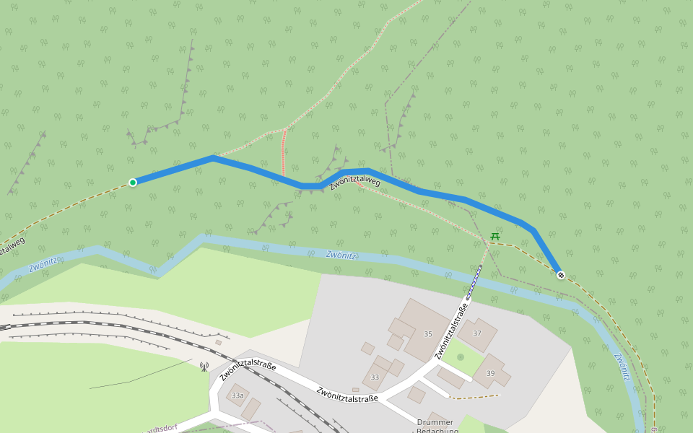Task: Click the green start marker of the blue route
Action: click(133, 183)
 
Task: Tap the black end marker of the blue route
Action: click(561, 275)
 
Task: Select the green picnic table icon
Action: click(495, 236)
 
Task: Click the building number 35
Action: click(428, 333)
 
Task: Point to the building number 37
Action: click(477, 333)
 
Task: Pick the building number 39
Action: click(491, 372)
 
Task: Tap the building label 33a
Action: click(237, 395)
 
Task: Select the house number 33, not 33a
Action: click(375, 377)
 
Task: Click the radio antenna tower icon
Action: click(204, 367)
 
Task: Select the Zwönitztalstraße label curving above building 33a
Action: click(248, 369)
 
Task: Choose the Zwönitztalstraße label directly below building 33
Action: click(347, 395)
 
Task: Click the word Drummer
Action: click(435, 422)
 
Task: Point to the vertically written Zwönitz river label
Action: click(622, 366)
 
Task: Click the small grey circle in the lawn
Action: click(461, 357)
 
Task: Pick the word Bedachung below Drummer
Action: click(437, 431)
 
